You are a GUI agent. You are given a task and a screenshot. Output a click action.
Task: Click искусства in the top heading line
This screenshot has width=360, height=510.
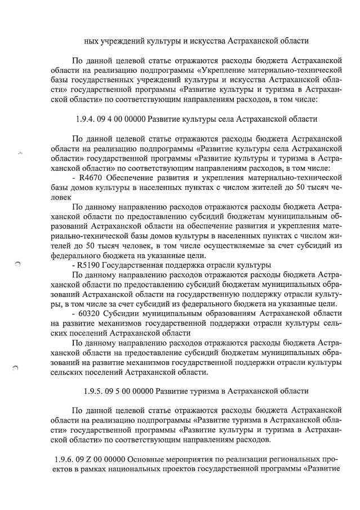206,41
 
